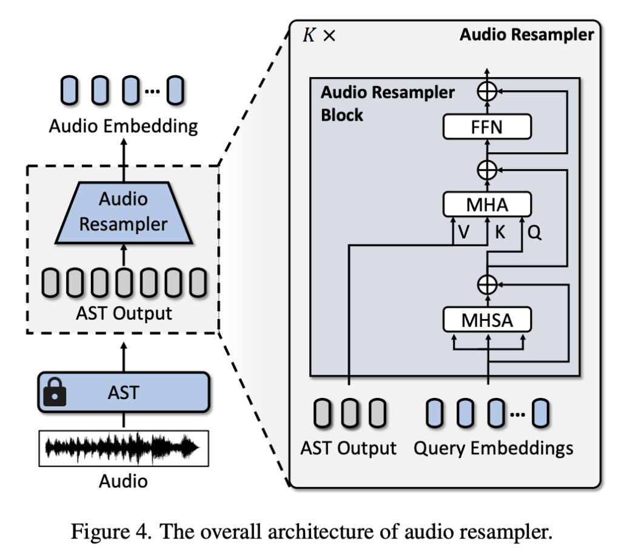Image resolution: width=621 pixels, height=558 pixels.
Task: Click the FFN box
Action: pyautogui.click(x=487, y=127)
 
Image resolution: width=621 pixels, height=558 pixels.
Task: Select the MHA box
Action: pyautogui.click(x=487, y=205)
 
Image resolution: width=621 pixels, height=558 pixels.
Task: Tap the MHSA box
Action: pyautogui.click(x=487, y=320)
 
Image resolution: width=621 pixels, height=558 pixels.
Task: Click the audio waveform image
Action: pyautogui.click(x=124, y=448)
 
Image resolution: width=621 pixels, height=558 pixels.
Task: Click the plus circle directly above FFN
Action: pyautogui.click(x=487, y=91)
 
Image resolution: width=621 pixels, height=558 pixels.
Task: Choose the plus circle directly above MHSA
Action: pyautogui.click(x=487, y=283)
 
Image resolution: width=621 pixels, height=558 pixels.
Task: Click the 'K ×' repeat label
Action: pyautogui.click(x=319, y=35)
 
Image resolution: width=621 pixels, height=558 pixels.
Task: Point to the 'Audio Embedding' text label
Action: pyautogui.click(x=124, y=126)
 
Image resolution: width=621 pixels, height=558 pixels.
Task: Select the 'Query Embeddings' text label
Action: pyautogui.click(x=493, y=448)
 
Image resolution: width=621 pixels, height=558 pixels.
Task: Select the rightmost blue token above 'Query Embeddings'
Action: pyautogui.click(x=541, y=412)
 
